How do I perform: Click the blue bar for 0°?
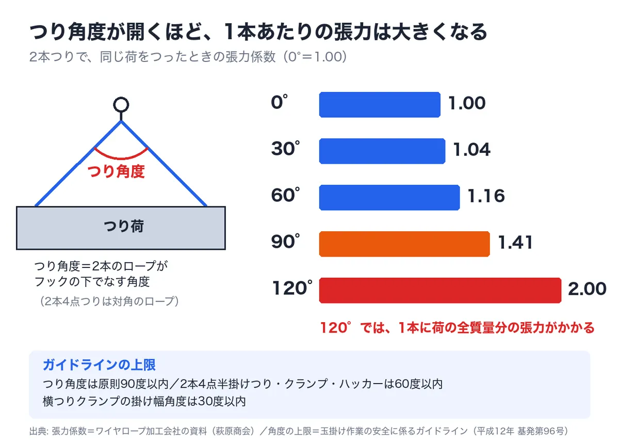tap(380, 105)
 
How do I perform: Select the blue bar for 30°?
tap(382, 151)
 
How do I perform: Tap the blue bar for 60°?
tap(389, 198)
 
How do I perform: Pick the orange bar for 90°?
tap(404, 244)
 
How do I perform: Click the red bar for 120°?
tap(440, 291)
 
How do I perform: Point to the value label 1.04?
tap(472, 150)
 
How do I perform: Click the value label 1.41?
tap(515, 243)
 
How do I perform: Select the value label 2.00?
tap(587, 289)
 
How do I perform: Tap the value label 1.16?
tap(486, 196)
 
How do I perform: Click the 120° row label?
tap(292, 288)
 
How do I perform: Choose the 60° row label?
tap(285, 195)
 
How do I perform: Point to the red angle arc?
tap(121, 158)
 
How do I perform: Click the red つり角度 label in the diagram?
tap(116, 171)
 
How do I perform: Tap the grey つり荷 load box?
tap(121, 228)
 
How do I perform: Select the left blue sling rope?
tap(78, 164)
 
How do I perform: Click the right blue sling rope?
tap(164, 164)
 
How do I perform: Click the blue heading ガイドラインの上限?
tap(99, 365)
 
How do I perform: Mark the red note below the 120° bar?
tap(458, 328)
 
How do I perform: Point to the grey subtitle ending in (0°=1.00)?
tap(188, 57)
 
